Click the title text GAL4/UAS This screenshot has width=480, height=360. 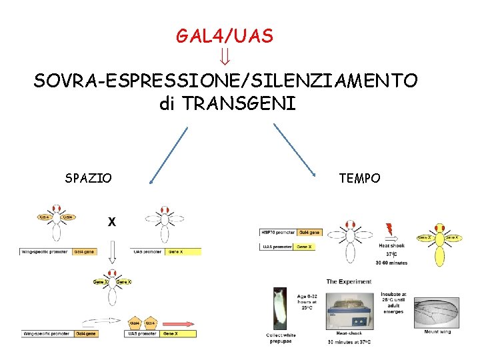click(225, 36)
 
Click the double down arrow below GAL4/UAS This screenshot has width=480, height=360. click(225, 59)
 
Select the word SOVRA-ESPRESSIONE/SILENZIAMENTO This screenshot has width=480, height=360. click(226, 81)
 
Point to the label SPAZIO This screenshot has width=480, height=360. click(89, 178)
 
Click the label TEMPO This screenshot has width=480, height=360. click(359, 178)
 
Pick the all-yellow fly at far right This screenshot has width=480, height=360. click(439, 243)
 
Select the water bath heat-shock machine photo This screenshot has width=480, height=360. click(349, 309)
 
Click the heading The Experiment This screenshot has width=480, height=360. click(349, 281)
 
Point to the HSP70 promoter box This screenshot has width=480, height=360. click(278, 233)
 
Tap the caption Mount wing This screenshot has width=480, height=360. click(437, 332)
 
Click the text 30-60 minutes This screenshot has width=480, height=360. click(392, 263)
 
